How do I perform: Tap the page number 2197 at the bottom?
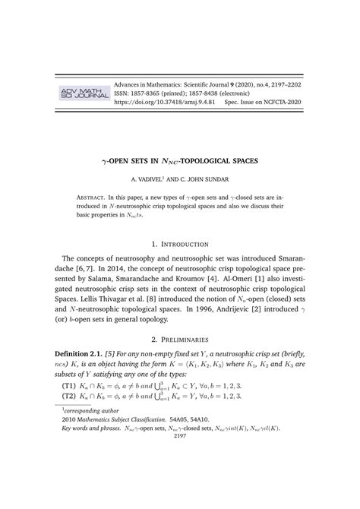point(180,479)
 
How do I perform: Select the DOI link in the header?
point(164,100)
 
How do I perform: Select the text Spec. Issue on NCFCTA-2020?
point(263,100)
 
